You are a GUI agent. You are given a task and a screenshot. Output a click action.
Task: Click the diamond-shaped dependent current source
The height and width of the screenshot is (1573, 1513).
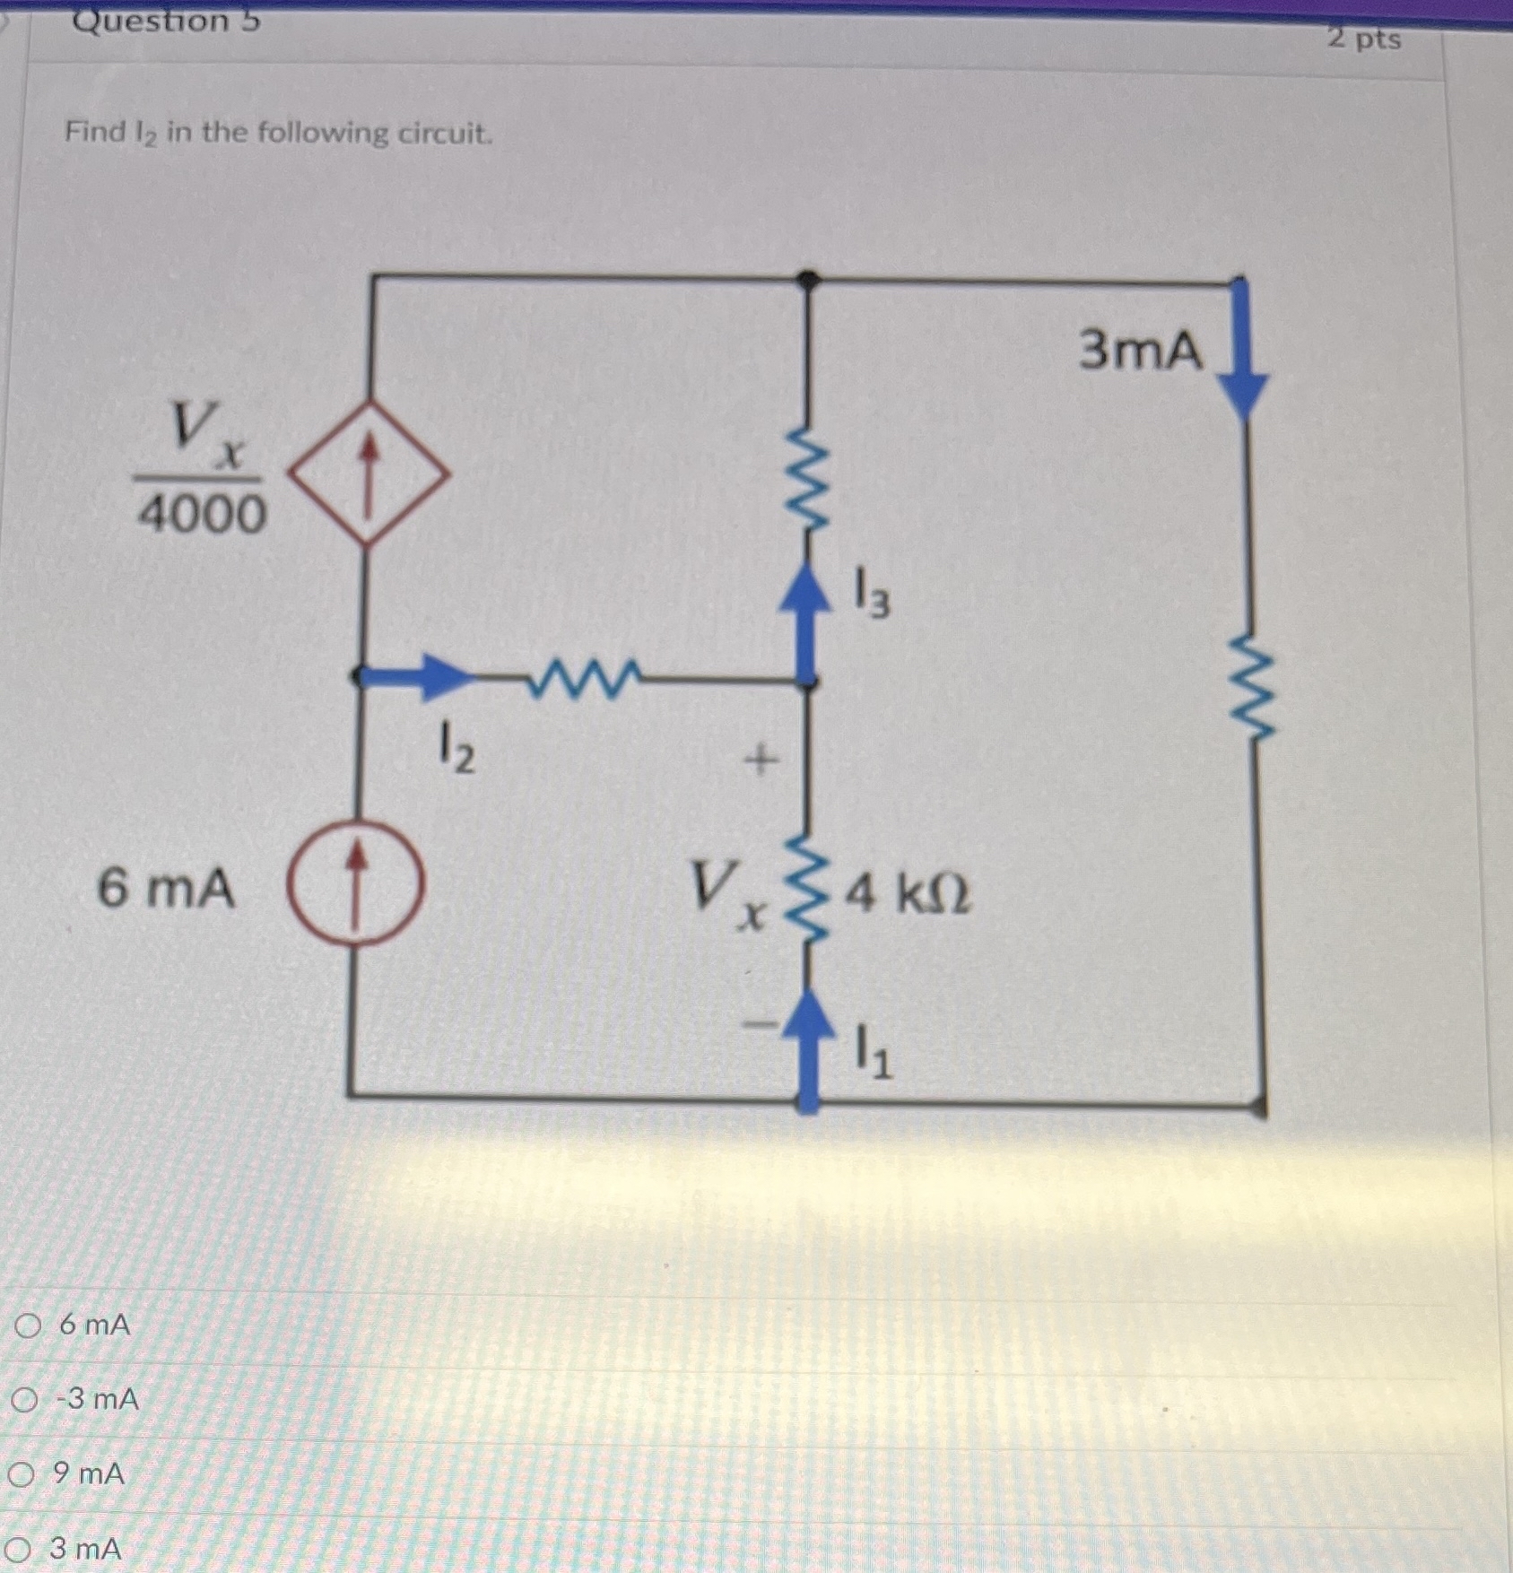coord(368,473)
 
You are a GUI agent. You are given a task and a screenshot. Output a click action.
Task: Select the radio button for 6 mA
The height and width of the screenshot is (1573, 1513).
coord(28,1325)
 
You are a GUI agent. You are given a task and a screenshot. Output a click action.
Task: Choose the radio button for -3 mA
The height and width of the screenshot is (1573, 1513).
coord(26,1399)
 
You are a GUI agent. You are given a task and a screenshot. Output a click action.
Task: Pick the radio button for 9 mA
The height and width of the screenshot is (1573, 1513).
coord(22,1473)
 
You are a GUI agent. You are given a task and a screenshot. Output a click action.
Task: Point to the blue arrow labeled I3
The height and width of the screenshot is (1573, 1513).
coord(810,618)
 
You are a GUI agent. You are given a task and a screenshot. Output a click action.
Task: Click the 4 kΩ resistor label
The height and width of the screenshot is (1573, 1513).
coord(908,895)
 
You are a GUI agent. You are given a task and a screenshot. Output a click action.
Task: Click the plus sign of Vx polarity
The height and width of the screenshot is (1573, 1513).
coord(760,762)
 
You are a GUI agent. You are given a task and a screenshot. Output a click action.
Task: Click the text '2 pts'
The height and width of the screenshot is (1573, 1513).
coord(1364,39)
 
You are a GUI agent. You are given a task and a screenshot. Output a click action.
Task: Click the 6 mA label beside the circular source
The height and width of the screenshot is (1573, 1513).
coord(167,890)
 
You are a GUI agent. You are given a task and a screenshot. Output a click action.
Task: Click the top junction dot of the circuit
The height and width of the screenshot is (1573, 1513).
coord(809,280)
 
